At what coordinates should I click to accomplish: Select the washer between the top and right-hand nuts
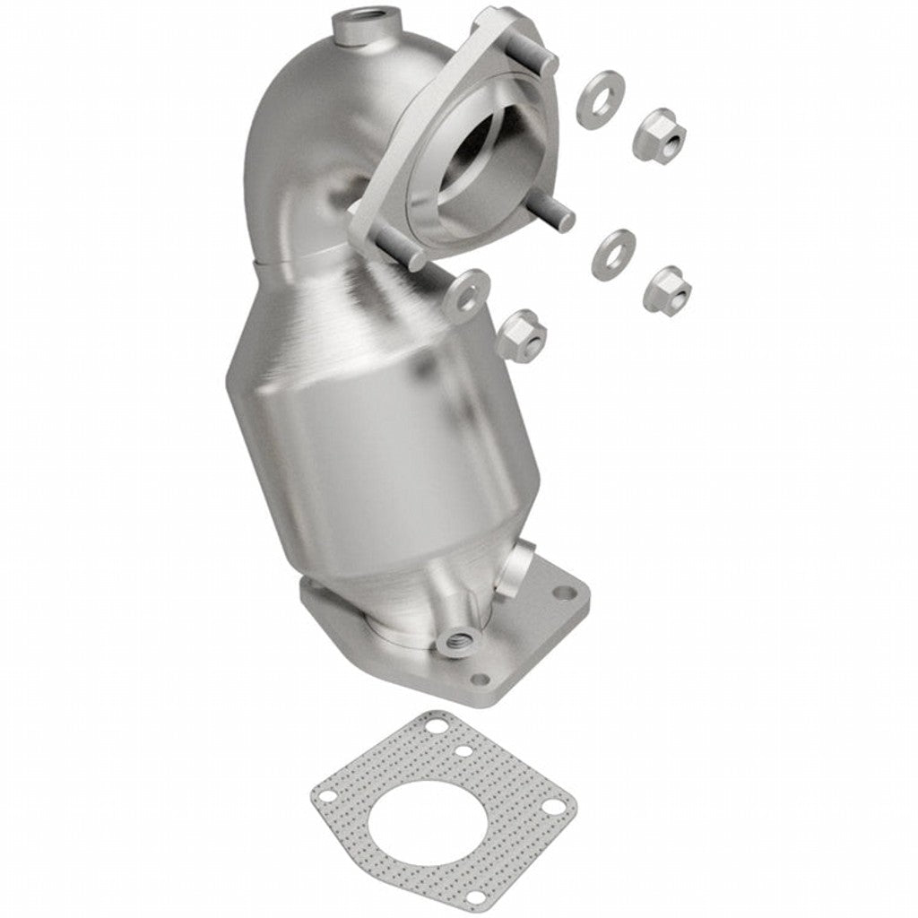614,252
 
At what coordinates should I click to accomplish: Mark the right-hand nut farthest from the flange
668,287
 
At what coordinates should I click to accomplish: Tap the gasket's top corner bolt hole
437,724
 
